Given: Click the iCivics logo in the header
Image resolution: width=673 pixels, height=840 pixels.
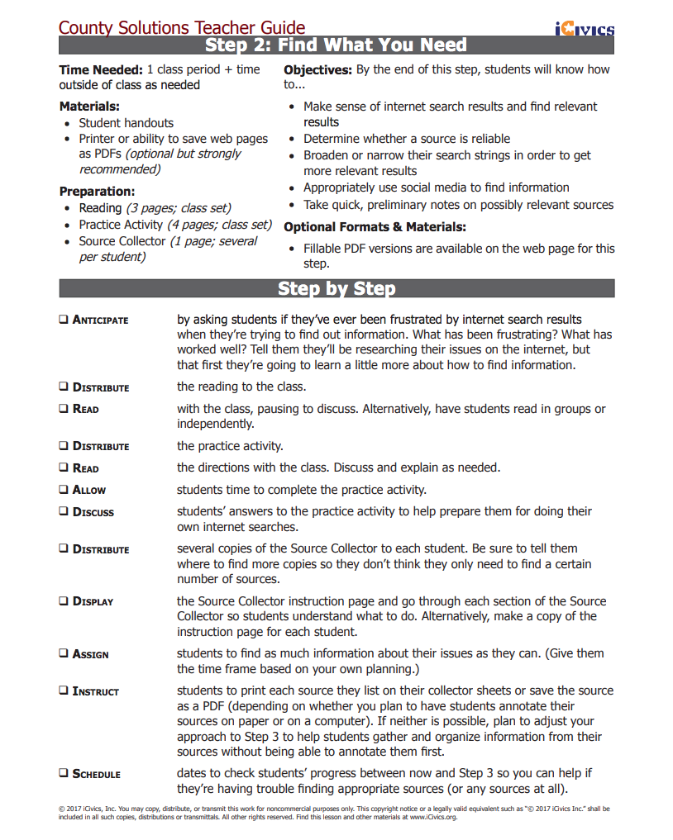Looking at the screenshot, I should point(585,30).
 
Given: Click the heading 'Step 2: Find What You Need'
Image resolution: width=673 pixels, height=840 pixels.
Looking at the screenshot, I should point(336,45).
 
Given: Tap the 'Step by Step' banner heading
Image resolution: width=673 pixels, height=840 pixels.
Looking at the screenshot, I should point(336,288).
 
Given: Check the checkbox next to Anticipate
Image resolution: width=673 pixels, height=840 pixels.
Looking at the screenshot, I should point(64,320).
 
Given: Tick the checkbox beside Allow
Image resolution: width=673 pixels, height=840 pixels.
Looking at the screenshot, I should point(64,490).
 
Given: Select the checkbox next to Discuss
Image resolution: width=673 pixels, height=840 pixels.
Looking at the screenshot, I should point(64,512).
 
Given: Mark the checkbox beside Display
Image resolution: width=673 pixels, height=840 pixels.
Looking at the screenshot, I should point(64,601).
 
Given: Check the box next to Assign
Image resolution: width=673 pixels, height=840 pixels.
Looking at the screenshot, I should point(64,654).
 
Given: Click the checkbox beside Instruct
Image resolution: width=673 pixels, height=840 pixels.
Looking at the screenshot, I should point(64,691).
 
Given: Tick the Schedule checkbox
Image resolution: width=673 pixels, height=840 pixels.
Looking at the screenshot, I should point(64,774).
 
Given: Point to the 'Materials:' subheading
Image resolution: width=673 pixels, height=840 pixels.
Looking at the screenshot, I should point(89,107).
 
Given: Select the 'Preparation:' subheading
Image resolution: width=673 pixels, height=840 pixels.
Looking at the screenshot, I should point(97,192).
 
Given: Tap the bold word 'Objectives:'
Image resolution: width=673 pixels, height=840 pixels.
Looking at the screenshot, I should point(317,70).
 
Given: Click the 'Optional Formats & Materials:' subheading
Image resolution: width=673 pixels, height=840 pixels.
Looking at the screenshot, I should point(375,227).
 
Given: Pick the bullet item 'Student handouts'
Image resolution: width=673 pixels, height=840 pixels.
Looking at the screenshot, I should point(126,123).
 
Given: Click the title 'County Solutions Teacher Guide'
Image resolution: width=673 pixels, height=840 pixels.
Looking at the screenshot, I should point(182,28).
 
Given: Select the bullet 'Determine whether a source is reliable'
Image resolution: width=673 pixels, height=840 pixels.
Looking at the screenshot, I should point(406,139).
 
